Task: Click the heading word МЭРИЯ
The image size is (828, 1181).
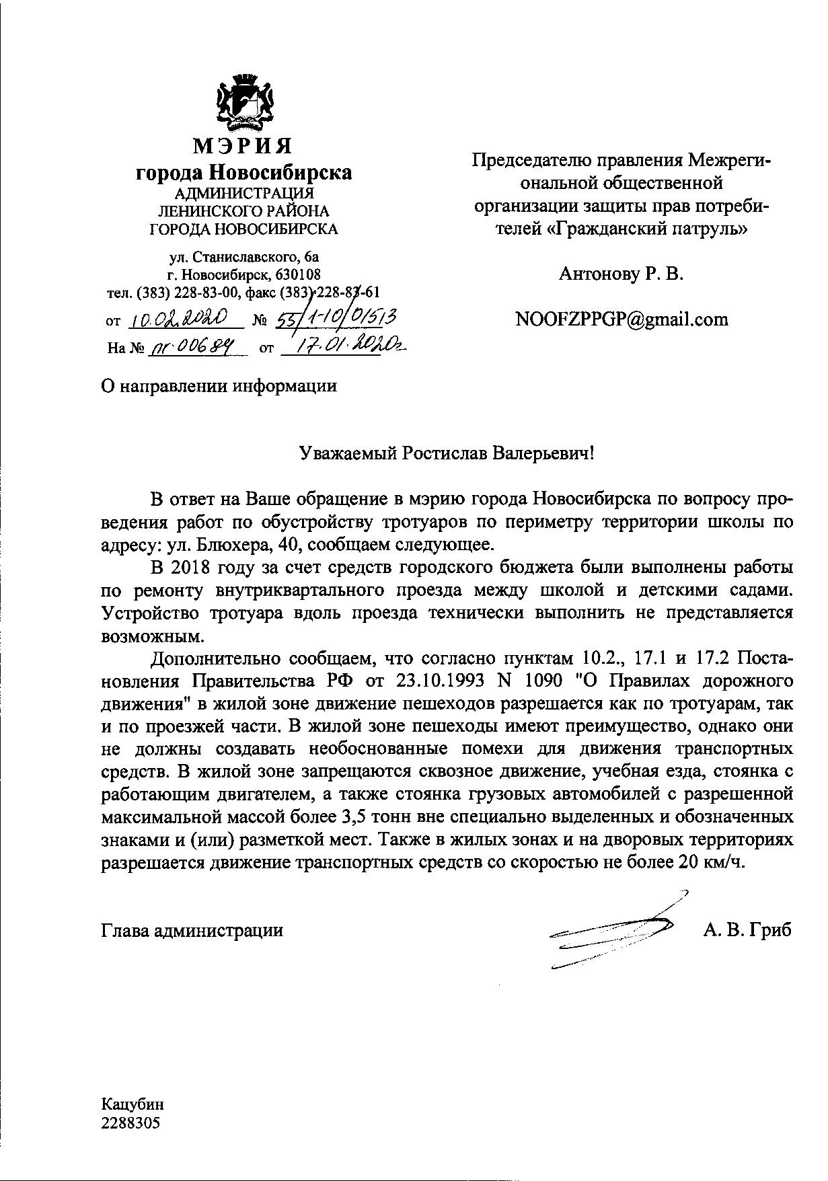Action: point(243,146)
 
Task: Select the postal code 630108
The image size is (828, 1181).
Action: point(297,274)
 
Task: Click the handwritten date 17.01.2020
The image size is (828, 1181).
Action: point(343,346)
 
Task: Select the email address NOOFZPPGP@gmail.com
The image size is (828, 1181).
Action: point(621,319)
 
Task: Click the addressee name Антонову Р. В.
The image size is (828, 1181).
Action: point(621,274)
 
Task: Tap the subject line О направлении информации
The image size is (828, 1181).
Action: point(219,386)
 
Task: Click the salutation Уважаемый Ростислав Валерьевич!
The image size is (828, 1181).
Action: point(447,453)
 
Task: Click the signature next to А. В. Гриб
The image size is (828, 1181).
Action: point(615,931)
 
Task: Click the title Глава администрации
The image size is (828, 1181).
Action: point(192,931)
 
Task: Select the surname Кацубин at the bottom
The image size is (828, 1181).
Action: point(133,1104)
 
